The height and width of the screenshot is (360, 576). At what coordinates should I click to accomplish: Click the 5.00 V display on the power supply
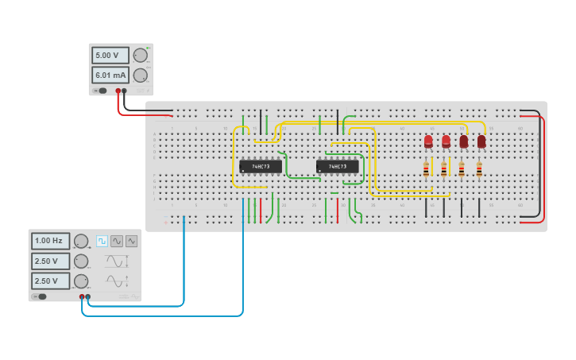[x=110, y=56]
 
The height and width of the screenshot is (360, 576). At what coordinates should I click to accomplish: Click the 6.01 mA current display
[x=110, y=75]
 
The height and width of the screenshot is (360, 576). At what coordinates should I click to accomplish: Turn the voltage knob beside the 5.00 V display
[x=140, y=56]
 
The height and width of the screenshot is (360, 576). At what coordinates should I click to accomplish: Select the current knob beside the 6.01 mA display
[x=140, y=75]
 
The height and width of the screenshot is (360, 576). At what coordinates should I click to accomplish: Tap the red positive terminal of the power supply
[x=118, y=91]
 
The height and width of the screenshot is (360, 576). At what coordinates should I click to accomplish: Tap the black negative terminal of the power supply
[x=124, y=91]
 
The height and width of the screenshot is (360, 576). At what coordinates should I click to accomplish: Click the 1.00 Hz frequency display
[x=50, y=241]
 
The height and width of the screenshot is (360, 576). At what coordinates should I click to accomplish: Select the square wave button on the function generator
[x=102, y=241]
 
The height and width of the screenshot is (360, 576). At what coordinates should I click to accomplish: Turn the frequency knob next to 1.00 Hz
[x=81, y=241]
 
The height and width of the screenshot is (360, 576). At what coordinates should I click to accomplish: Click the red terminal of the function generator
[x=82, y=296]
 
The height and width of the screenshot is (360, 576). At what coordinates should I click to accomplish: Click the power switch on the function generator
[x=40, y=296]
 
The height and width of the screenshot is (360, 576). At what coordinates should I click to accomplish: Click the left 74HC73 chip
[x=260, y=166]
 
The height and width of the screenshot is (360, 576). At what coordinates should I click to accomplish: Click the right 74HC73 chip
[x=337, y=166]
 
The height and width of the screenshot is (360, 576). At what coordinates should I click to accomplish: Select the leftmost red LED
[x=428, y=141]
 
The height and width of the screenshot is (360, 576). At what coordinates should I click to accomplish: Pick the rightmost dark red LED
[x=481, y=141]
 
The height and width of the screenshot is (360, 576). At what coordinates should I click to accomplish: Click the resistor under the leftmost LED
[x=426, y=169]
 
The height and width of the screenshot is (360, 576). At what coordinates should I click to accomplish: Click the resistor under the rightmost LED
[x=479, y=169]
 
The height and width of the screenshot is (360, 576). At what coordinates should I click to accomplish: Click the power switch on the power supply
[x=100, y=91]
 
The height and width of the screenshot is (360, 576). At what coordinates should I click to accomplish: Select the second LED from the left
[x=446, y=141]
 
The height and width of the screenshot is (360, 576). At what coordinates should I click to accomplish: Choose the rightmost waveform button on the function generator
[x=131, y=241]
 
